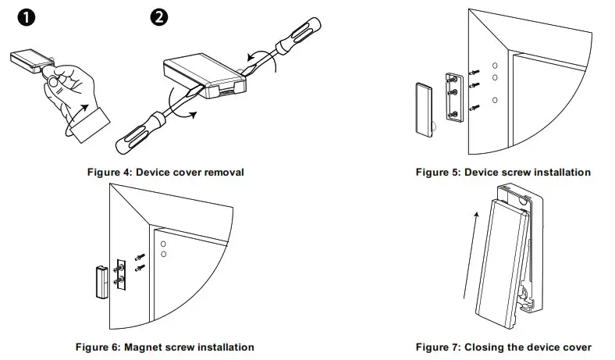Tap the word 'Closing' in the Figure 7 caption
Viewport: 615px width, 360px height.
click(x=482, y=347)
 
